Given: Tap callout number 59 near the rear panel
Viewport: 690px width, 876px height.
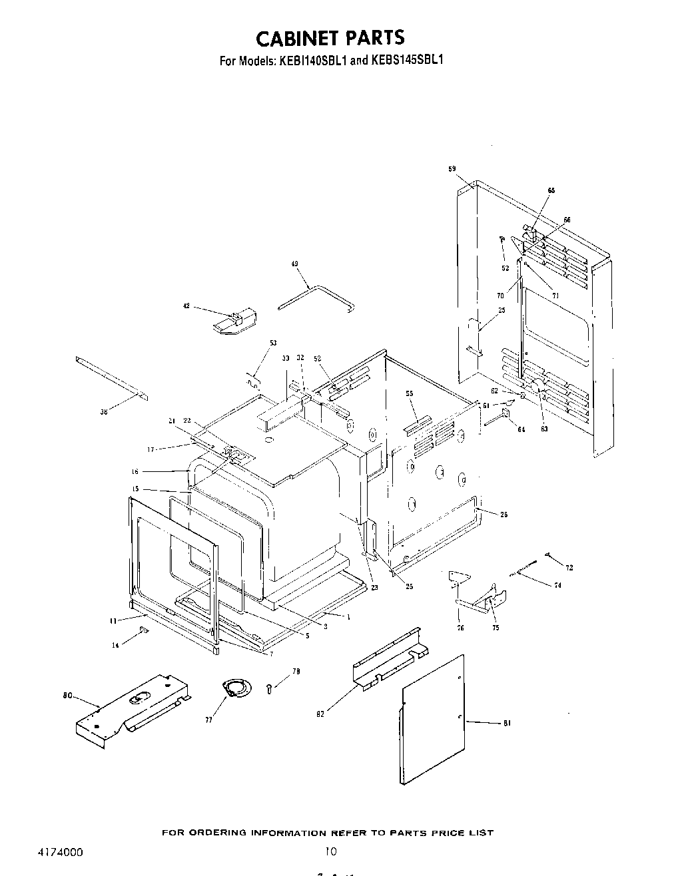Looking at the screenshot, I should tap(452, 170).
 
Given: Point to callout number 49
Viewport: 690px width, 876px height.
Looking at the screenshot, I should tap(294, 264).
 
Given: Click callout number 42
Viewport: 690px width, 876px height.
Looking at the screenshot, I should tap(186, 306).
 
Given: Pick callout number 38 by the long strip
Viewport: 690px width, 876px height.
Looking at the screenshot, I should tap(103, 413).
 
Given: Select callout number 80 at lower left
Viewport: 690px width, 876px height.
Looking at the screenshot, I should tap(67, 696).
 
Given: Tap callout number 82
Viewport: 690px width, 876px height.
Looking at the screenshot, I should tap(320, 714).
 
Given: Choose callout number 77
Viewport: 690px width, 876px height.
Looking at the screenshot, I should tap(208, 720).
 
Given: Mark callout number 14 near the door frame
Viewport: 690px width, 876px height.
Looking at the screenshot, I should tap(116, 645).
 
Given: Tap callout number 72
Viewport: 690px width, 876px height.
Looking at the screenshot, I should tap(569, 568).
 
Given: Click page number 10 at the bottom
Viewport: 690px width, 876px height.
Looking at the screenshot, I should tap(331, 851).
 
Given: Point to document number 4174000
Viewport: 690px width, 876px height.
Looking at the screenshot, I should tap(57, 851).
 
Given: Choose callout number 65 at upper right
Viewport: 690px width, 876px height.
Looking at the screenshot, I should tap(551, 191).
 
